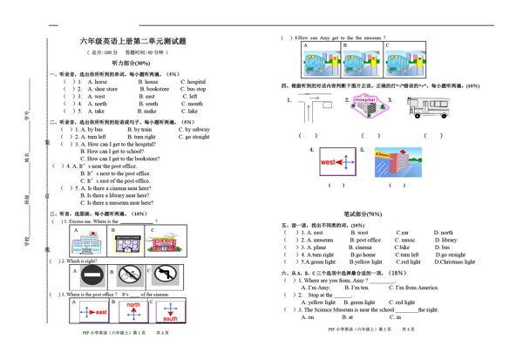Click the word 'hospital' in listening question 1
[x=193, y=82]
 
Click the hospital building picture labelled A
[x=86, y=242]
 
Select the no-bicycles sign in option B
[x=130, y=276]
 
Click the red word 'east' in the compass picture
[x=99, y=312]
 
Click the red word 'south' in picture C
[x=170, y=319]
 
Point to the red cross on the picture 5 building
[x=391, y=163]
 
